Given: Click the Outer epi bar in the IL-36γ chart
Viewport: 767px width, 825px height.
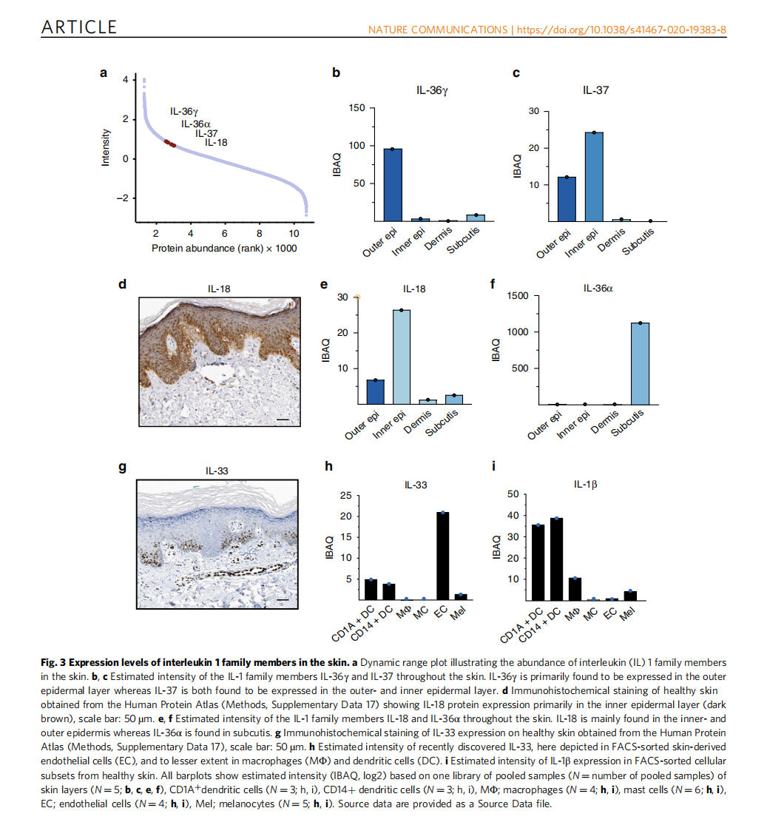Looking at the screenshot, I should click(392, 185).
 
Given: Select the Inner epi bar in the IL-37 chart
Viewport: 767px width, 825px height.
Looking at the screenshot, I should click(593, 177).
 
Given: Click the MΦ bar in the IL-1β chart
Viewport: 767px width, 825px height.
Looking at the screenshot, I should click(575, 588).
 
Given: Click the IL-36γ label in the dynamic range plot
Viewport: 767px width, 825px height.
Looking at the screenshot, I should click(184, 112).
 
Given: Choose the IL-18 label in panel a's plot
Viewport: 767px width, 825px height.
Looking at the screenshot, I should click(216, 143).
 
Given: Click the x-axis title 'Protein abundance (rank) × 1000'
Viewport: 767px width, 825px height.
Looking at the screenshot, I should click(224, 249).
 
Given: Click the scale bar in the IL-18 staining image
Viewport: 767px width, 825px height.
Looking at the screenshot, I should click(283, 422).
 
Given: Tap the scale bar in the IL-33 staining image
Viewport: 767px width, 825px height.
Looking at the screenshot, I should click(283, 599).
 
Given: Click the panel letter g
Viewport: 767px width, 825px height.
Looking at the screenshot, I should click(124, 468).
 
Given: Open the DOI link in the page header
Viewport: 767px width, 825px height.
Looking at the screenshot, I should click(621, 30).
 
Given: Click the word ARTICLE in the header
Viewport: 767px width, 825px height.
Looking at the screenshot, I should click(79, 27).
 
